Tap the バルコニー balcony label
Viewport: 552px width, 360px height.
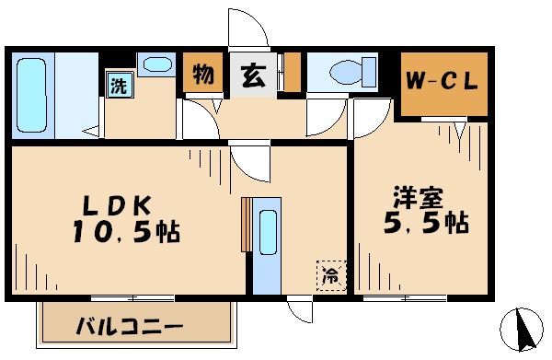(x=129, y=327)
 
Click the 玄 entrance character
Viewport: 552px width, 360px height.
(x=250, y=76)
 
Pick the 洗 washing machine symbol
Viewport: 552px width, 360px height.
(x=119, y=87)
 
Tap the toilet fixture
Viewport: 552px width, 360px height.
(x=350, y=71)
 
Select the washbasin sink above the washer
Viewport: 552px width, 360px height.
(x=158, y=65)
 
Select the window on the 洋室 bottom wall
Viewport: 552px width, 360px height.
(x=404, y=297)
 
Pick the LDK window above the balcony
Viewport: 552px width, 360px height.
(x=132, y=296)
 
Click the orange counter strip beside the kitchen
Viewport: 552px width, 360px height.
(x=245, y=224)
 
